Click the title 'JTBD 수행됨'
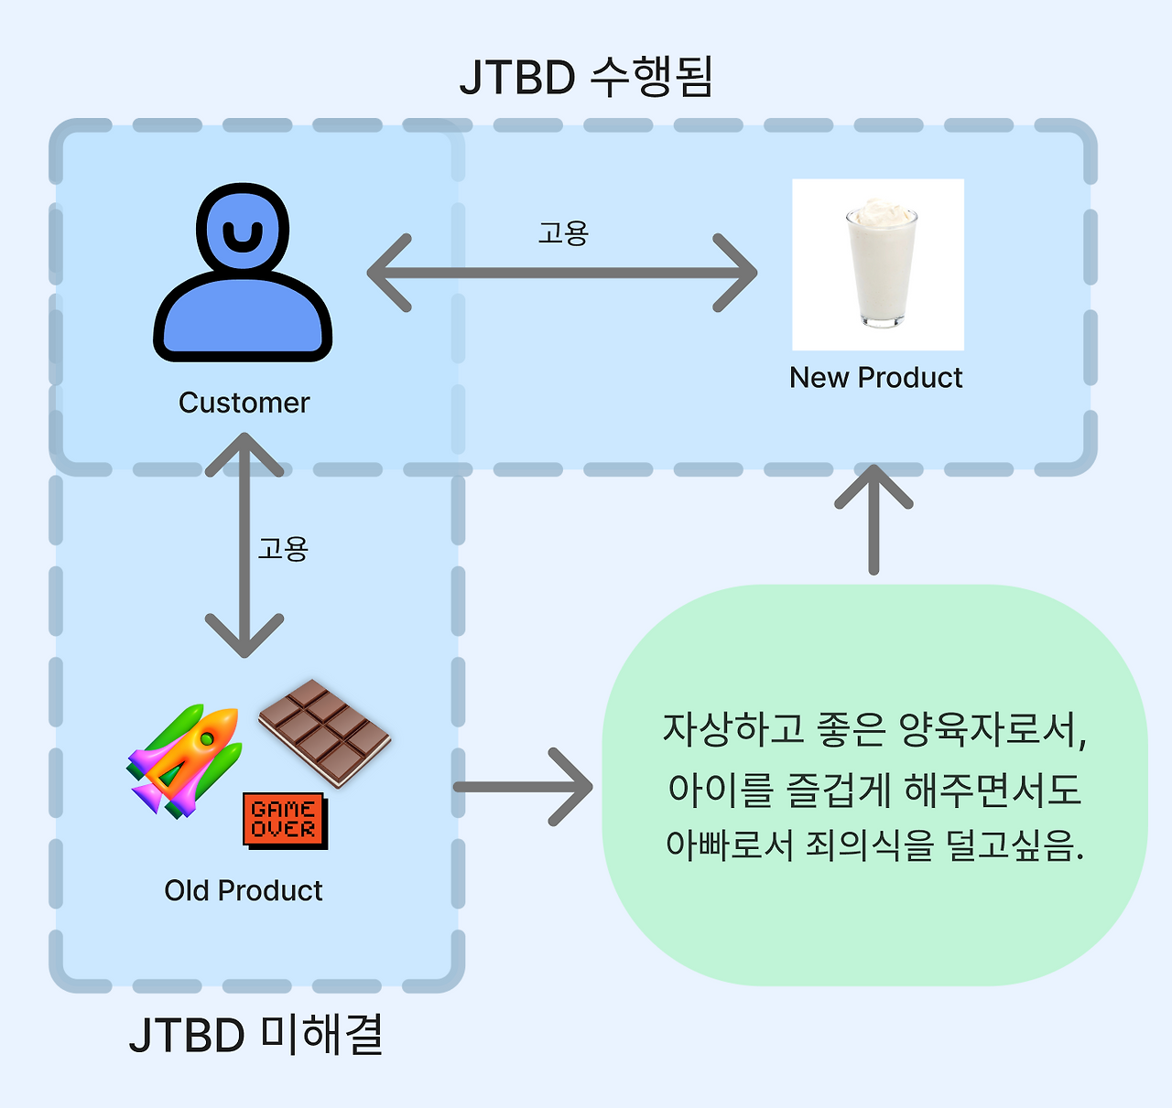click(586, 76)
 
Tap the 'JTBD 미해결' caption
click(256, 1036)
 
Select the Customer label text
click(244, 403)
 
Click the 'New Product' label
click(875, 378)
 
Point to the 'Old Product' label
click(244, 890)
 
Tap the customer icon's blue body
click(243, 316)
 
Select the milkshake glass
click(881, 264)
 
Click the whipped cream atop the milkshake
click(881, 212)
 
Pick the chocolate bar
click(325, 733)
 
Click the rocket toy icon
click(185, 760)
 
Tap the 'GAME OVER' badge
click(285, 821)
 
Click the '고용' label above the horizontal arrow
click(563, 233)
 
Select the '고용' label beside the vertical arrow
click(283, 549)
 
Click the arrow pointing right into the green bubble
click(524, 787)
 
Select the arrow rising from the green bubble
click(874, 520)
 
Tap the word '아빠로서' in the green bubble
click(730, 844)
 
